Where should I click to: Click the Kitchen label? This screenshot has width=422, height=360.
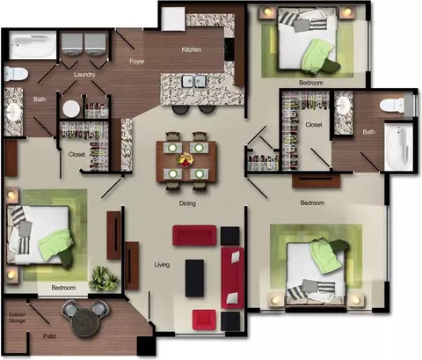pyautogui.click(x=192, y=49)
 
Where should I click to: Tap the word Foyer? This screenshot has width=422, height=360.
pyautogui.click(x=137, y=62)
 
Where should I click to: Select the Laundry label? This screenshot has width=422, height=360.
pyautogui.click(x=84, y=75)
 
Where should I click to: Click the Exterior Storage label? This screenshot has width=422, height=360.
pyautogui.click(x=17, y=318)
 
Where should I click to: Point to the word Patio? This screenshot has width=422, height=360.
pyautogui.click(x=49, y=336)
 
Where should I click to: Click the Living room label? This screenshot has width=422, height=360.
pyautogui.click(x=162, y=265)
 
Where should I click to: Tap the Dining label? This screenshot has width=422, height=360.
pyautogui.click(x=187, y=203)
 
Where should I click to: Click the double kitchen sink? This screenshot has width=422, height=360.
pyautogui.click(x=193, y=81)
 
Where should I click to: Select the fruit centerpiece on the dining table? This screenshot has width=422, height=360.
pyautogui.click(x=186, y=160)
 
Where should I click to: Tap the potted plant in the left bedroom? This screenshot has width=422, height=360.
pyautogui.click(x=104, y=279)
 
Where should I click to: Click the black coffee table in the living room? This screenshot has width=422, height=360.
pyautogui.click(x=194, y=278)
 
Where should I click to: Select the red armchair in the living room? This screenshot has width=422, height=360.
pyautogui.click(x=204, y=320)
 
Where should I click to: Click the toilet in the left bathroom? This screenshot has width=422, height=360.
pyautogui.click(x=16, y=73)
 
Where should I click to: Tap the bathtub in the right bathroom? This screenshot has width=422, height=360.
pyautogui.click(x=398, y=146)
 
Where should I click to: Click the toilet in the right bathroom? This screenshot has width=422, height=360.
pyautogui.click(x=392, y=106)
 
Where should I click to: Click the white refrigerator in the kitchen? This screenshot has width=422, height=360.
pyautogui.click(x=173, y=18)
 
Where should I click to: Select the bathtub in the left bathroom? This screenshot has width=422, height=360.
pyautogui.click(x=33, y=46)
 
